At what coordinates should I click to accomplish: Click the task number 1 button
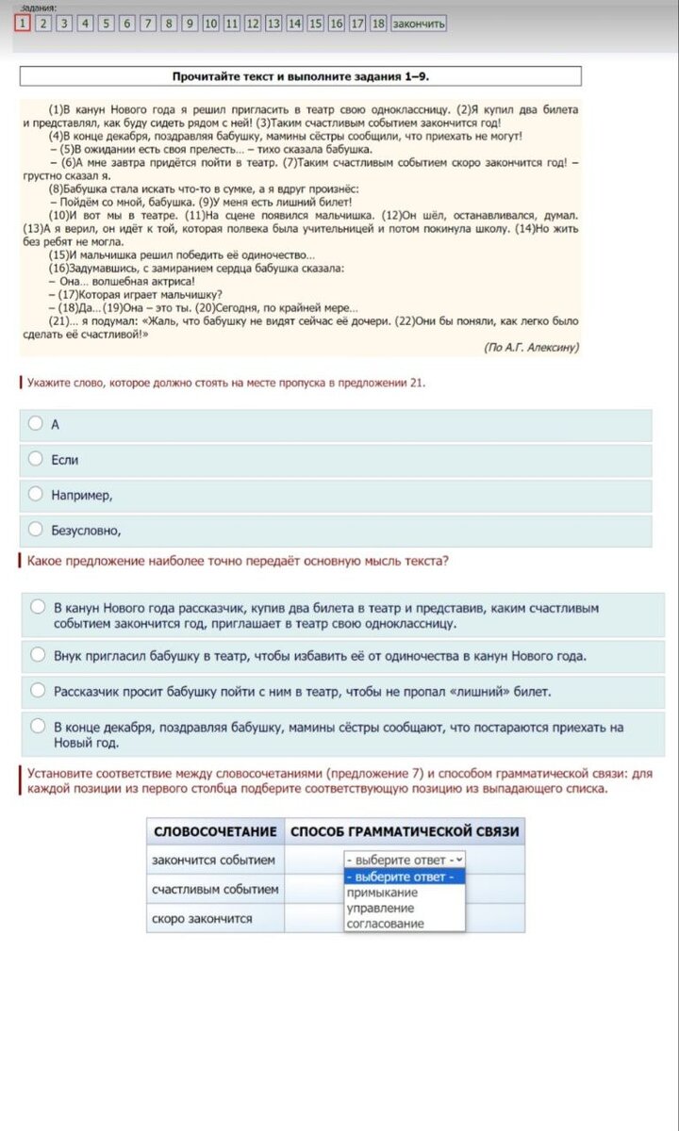(x=22, y=24)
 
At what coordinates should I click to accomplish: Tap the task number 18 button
(x=378, y=24)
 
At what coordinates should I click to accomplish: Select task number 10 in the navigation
(x=210, y=24)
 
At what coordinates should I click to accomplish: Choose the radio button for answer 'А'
(x=36, y=424)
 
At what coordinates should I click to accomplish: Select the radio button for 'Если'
(x=36, y=459)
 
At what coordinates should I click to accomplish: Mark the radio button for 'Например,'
(x=36, y=494)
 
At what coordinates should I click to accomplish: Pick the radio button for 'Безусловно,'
(x=36, y=529)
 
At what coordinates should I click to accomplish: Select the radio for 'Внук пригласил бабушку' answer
(x=38, y=655)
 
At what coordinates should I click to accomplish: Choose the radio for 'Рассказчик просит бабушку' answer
(x=38, y=691)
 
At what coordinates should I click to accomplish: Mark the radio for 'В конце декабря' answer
(x=38, y=727)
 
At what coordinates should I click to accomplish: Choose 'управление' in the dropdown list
(x=380, y=909)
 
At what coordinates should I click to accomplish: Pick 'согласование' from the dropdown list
(x=385, y=924)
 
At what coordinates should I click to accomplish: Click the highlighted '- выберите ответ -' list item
(x=401, y=877)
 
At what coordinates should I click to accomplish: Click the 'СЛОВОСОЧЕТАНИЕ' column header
(x=215, y=831)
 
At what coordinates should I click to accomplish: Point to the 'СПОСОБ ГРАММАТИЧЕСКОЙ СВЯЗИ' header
(x=405, y=831)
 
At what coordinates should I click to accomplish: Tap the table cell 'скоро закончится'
(x=202, y=918)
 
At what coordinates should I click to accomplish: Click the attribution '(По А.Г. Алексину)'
(x=531, y=347)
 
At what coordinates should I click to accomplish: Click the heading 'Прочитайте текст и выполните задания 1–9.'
(x=300, y=76)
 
